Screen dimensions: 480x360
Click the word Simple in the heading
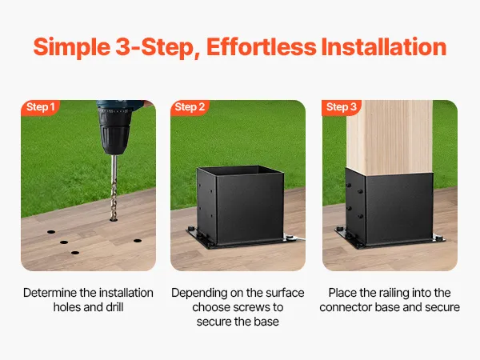click(x=72, y=47)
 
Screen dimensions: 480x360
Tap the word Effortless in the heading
click(x=262, y=46)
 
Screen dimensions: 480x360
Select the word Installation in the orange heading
click(x=384, y=46)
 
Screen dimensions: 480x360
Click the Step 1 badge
click(x=41, y=107)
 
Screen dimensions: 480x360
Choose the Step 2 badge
click(x=190, y=107)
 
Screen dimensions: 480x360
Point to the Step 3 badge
click(x=342, y=107)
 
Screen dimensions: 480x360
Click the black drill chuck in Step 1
click(x=114, y=132)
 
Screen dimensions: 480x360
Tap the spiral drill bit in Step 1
click(x=114, y=187)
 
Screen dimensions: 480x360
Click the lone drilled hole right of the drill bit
click(x=138, y=241)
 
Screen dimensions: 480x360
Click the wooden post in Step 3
click(x=390, y=138)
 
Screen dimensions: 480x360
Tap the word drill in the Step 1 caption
click(x=114, y=307)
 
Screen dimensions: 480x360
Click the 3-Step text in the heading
click(x=158, y=47)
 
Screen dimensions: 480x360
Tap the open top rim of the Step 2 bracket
click(x=241, y=170)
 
